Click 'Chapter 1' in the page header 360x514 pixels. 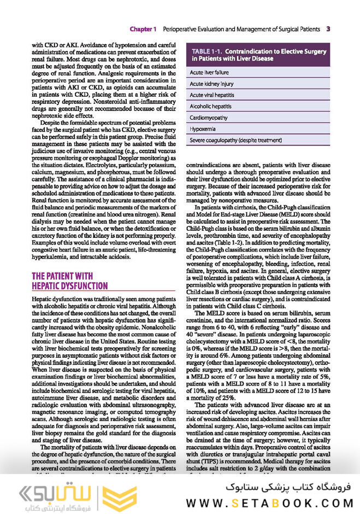[x=143, y=28]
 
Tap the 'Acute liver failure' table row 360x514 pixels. [x=217, y=72]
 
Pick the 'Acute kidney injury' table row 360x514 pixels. [x=219, y=84]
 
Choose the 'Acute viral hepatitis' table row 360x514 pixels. [x=221, y=95]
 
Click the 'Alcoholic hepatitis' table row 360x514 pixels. [x=218, y=106]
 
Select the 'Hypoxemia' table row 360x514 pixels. [x=210, y=129]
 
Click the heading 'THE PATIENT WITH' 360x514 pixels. [x=62, y=276]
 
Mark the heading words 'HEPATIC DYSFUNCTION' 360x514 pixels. [x=70, y=285]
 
